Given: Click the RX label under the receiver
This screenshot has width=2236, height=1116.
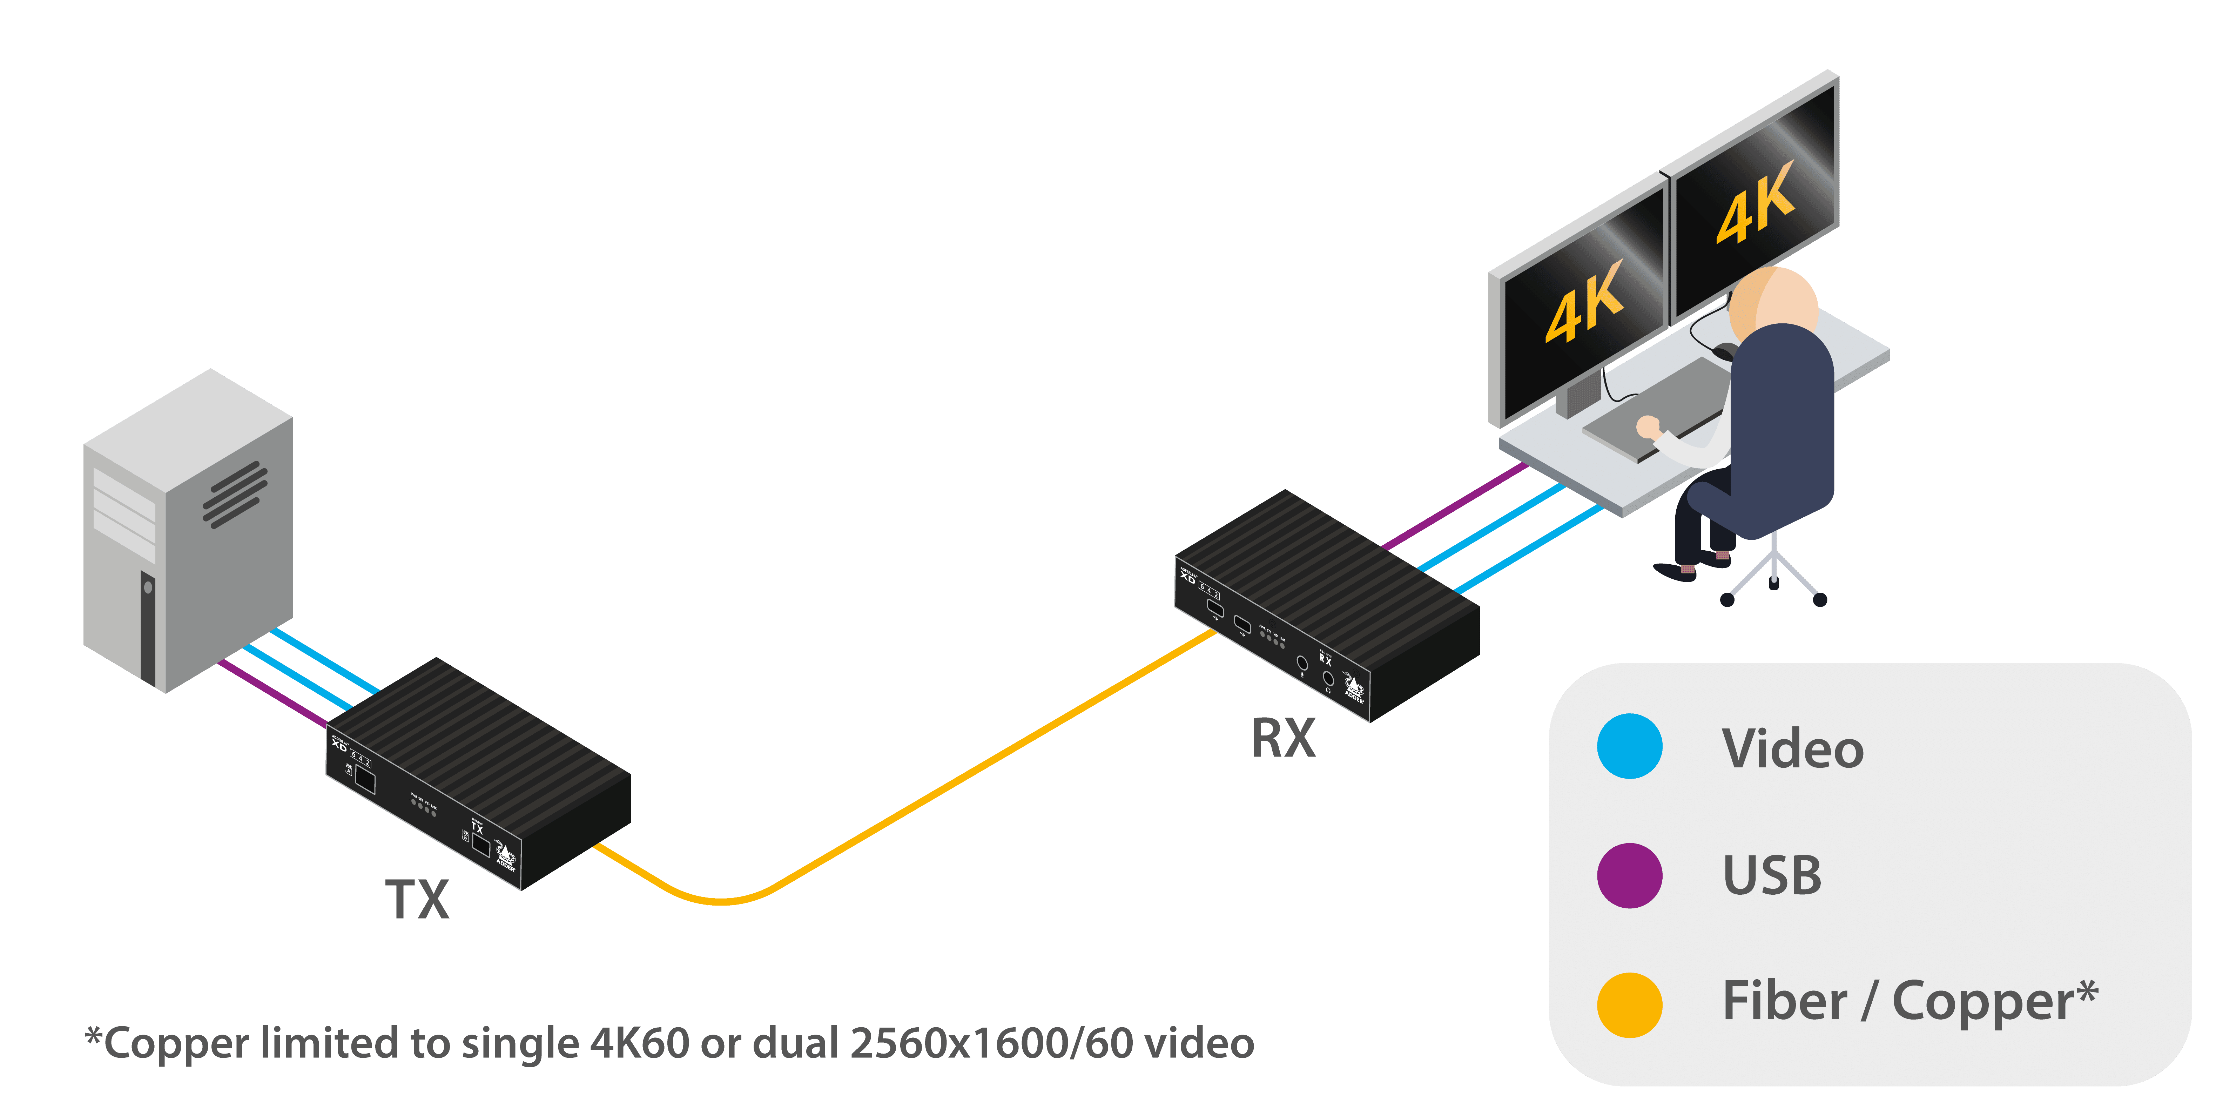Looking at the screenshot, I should [x=1283, y=739].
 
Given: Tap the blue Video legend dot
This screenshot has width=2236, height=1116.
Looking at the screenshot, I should [x=1629, y=746].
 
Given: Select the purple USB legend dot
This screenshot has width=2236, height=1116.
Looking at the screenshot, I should [x=1629, y=876].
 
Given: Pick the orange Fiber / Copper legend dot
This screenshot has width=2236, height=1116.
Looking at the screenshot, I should [x=1629, y=1005].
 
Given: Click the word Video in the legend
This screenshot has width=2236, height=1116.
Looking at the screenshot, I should [x=1792, y=748].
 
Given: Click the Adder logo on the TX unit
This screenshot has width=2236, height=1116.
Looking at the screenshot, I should [x=505, y=855].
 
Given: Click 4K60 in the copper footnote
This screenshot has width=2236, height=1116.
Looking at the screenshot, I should [x=640, y=1044].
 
